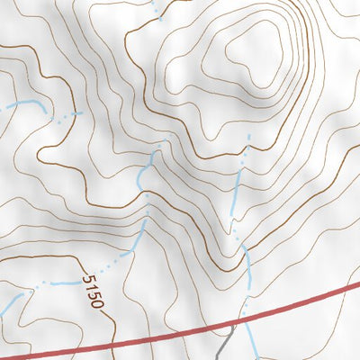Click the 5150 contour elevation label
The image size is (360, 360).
93,292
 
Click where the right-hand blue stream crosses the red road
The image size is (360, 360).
249,318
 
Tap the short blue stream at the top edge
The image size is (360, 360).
158,8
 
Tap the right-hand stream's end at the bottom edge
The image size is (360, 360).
255,357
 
